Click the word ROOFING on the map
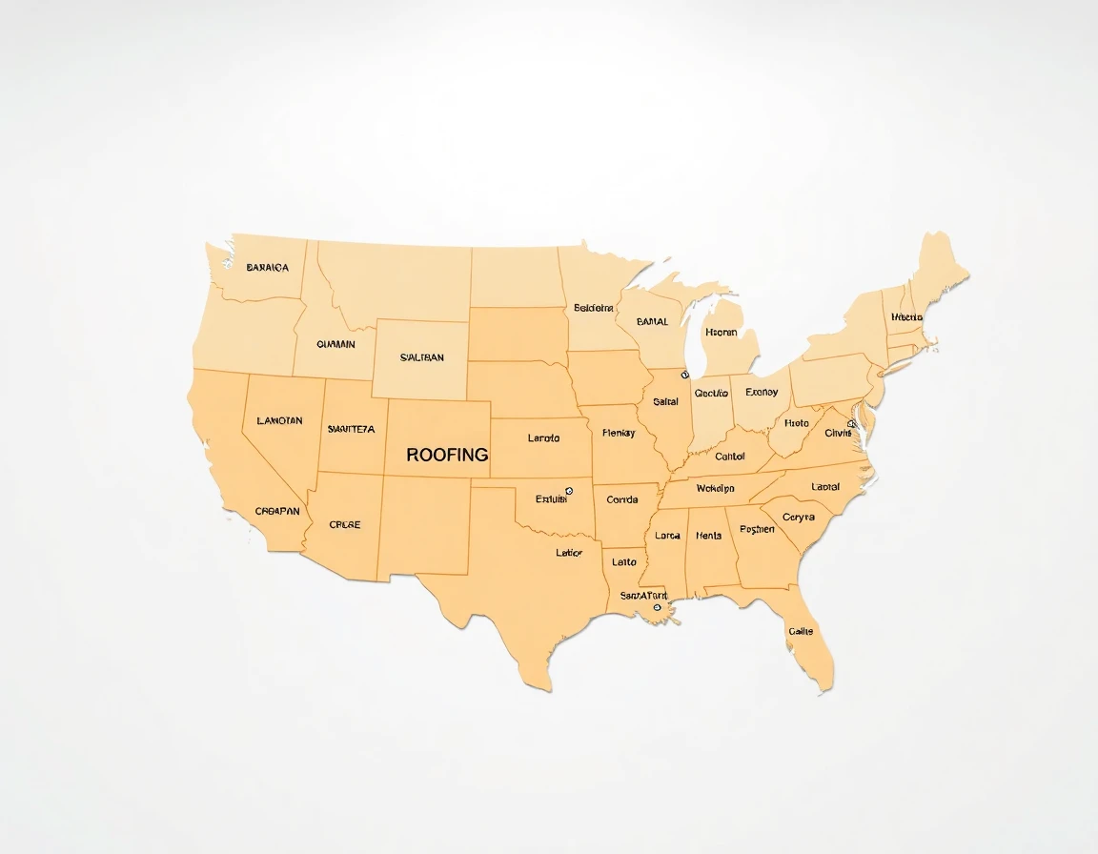[447, 455]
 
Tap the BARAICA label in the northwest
[267, 268]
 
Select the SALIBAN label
[421, 357]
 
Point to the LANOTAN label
[279, 420]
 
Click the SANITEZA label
[351, 429]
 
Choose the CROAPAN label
[277, 511]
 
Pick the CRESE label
[344, 524]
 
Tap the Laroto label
[543, 438]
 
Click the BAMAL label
[652, 322]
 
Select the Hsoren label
[721, 333]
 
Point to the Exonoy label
[762, 393]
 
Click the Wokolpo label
[715, 489]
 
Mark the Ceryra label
[798, 518]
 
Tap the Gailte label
[801, 631]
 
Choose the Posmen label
[757, 529]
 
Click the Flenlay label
[619, 434]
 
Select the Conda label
[622, 499]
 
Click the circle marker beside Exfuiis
[569, 491]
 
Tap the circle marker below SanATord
[657, 607]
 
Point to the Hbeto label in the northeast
[906, 317]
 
